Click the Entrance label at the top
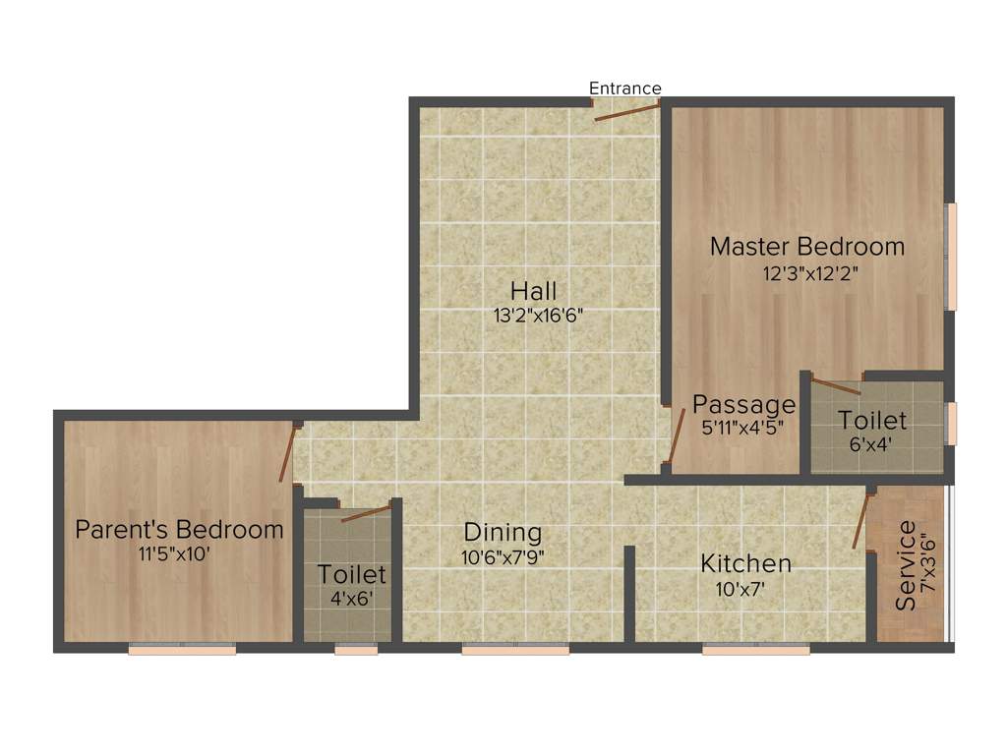(625, 88)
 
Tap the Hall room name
(534, 291)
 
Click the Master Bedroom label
(807, 246)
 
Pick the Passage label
(743, 404)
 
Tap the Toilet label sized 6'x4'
(872, 420)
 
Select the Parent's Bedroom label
(180, 530)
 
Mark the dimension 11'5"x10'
(176, 553)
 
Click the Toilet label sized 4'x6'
(351, 573)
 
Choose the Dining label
(503, 532)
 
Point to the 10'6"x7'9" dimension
(503, 556)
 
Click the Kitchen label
(745, 563)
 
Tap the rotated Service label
(906, 565)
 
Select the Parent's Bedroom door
(287, 453)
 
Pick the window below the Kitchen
(755, 649)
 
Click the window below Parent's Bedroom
(182, 649)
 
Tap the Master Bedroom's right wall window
(951, 256)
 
